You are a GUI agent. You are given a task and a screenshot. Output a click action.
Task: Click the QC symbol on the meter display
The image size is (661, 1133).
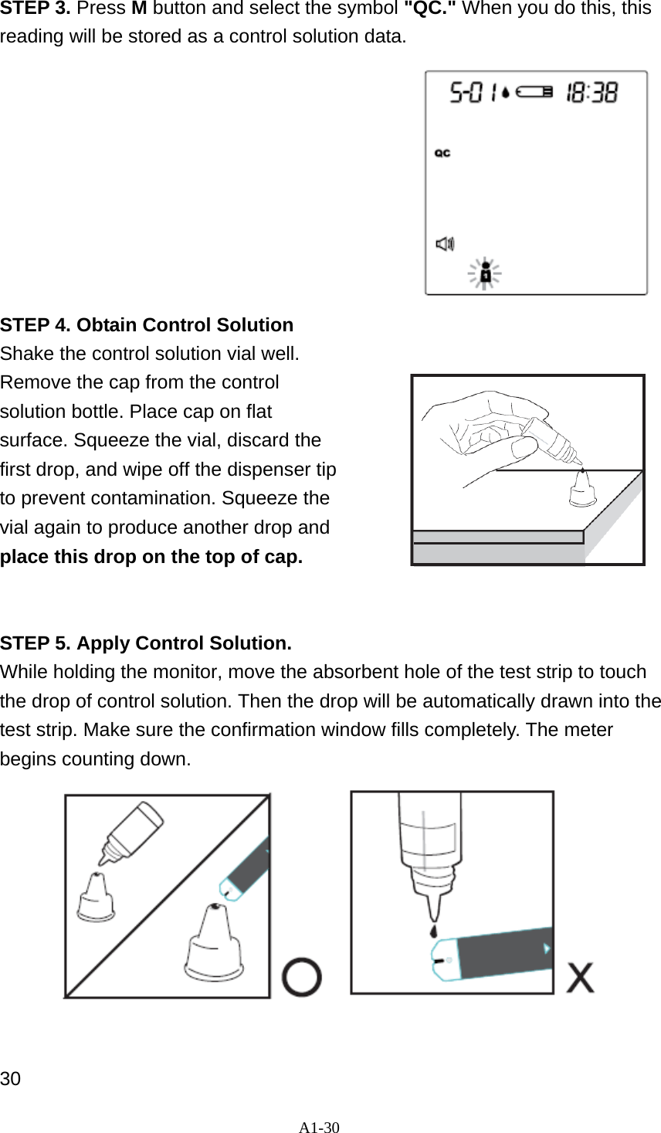click(442, 153)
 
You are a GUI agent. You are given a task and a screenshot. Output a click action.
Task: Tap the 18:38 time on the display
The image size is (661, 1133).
click(592, 93)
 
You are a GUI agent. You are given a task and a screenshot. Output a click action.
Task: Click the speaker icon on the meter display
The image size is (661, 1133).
click(445, 244)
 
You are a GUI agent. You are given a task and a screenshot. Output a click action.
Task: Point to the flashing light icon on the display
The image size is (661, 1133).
click(485, 274)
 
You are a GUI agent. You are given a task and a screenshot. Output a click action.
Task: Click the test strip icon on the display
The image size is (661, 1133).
click(534, 93)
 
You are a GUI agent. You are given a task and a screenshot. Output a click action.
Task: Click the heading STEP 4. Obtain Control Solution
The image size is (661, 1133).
click(147, 324)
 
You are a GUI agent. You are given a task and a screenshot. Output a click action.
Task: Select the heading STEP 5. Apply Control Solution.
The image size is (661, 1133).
click(146, 643)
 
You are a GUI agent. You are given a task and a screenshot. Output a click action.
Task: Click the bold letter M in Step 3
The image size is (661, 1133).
click(139, 8)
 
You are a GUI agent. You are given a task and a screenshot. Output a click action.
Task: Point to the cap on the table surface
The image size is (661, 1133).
click(583, 489)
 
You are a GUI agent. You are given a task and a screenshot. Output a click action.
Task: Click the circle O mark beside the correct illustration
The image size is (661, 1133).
click(302, 978)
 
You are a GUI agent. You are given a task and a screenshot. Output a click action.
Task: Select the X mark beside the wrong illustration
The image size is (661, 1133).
click(581, 978)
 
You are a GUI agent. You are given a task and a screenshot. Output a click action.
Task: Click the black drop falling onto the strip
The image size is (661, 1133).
click(434, 931)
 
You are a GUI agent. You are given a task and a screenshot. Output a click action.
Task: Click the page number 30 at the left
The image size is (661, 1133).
click(11, 1079)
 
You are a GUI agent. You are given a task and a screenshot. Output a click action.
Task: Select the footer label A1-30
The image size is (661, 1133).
click(320, 1127)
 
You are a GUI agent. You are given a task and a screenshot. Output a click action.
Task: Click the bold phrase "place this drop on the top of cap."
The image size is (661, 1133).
click(151, 556)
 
